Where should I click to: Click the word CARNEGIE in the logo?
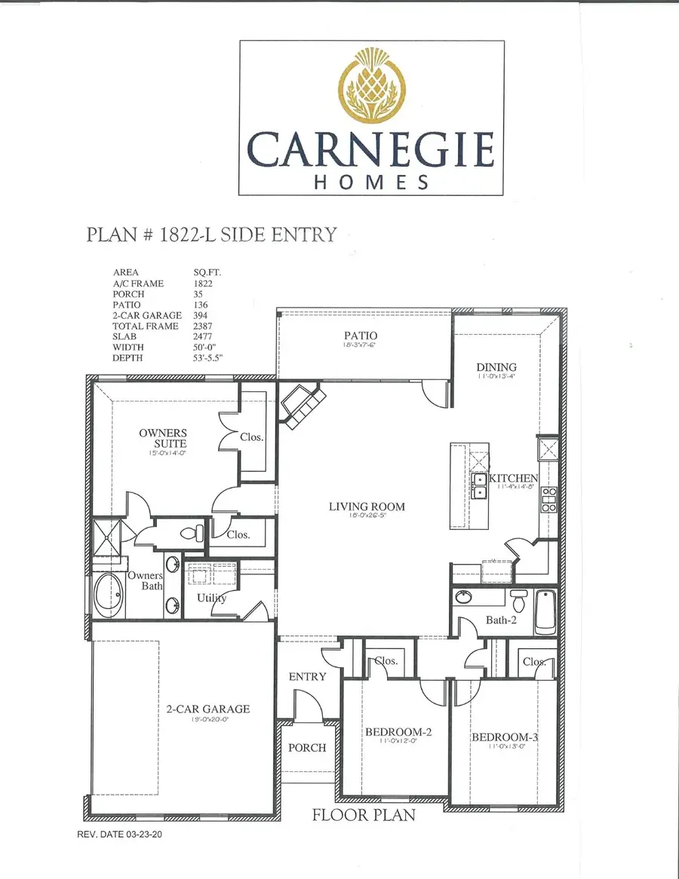[x=370, y=149]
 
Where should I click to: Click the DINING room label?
[x=496, y=367]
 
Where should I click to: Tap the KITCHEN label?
[x=514, y=478]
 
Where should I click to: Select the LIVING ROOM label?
[x=367, y=507]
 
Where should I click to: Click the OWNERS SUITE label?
[x=163, y=438]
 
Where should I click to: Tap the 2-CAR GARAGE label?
[x=207, y=709]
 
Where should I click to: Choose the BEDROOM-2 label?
[x=398, y=732]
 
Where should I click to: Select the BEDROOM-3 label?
[x=505, y=737]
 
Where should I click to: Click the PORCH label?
[x=308, y=747]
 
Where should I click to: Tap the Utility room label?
[x=212, y=598]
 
